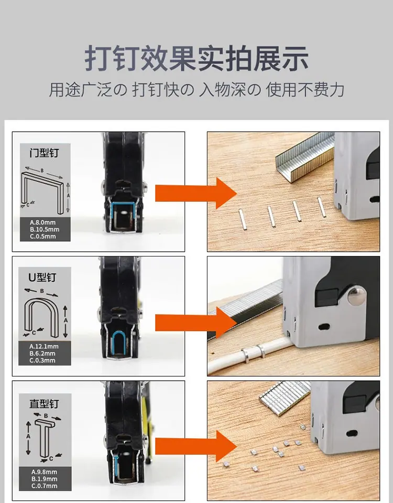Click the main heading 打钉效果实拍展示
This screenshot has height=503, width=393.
196,58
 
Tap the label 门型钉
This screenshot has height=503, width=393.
45,153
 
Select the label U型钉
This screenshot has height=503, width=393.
42,277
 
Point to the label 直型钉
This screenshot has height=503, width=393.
44,403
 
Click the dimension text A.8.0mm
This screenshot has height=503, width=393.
42,222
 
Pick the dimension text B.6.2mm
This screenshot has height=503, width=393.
42,354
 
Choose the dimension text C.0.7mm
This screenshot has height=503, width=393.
44,486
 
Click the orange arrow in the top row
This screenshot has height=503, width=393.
196,193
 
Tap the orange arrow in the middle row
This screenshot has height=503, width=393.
196,323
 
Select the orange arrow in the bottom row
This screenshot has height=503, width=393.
196,446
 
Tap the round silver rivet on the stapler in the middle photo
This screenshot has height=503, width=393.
357,296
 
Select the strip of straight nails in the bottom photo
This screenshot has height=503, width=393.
285,398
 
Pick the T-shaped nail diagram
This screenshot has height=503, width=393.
45,437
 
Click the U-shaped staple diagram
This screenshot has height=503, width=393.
41,317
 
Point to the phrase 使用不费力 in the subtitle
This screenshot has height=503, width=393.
305,90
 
